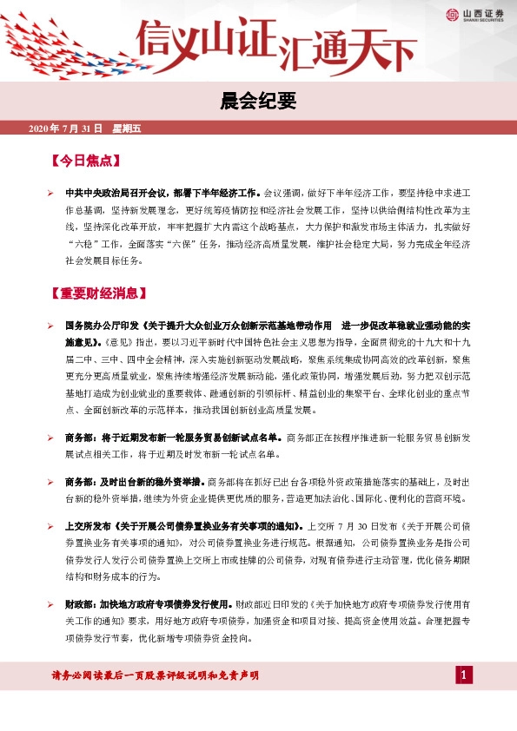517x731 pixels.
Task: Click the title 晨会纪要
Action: point(258,102)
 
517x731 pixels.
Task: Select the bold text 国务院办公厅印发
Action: point(96,325)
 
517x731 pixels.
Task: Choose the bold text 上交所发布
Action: point(87,526)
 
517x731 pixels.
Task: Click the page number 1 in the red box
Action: point(465,675)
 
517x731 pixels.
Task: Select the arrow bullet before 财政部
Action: point(50,602)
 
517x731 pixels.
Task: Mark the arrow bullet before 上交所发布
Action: point(50,526)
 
